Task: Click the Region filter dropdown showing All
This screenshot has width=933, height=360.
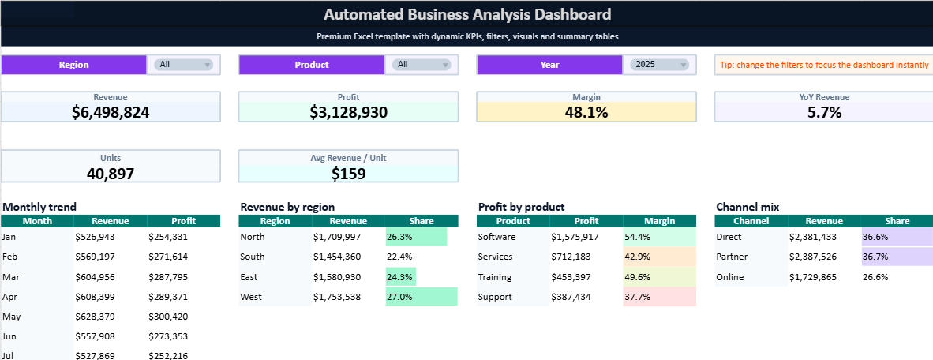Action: (x=184, y=65)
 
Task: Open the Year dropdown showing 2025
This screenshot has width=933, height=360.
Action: (x=659, y=65)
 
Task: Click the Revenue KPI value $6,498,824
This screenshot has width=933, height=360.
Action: (x=111, y=112)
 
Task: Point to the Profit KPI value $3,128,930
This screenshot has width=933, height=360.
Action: (x=348, y=112)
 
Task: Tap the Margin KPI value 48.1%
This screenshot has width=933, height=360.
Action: (x=586, y=112)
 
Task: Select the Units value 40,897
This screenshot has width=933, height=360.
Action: (x=111, y=173)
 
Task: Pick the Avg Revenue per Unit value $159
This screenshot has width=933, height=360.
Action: (x=348, y=173)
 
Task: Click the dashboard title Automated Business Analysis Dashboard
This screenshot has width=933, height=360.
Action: (x=466, y=14)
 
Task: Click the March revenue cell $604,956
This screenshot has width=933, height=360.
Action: (x=95, y=277)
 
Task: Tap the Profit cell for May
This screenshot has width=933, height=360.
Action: (x=167, y=317)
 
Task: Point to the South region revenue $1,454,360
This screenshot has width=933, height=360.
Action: (x=336, y=257)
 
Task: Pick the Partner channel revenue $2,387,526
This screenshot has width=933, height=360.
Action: (x=812, y=257)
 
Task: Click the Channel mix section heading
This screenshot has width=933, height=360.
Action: (x=748, y=207)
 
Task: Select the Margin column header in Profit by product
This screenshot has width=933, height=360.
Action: (x=659, y=221)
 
